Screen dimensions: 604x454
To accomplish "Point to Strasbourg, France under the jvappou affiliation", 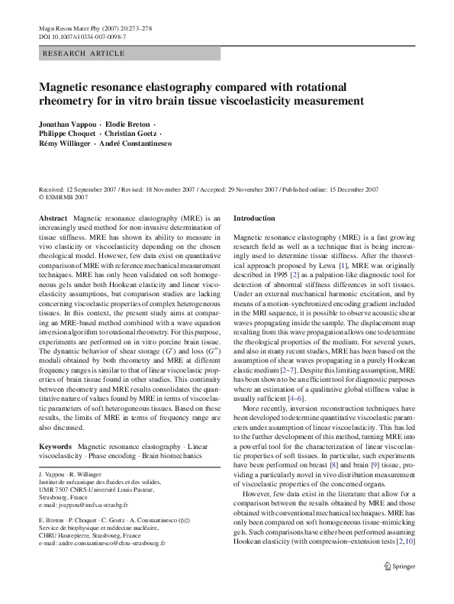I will coord(67,498).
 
